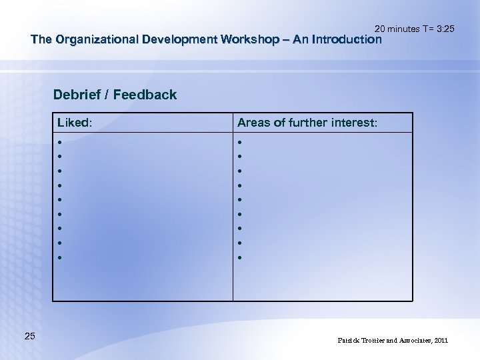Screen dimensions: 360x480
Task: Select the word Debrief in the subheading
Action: click(x=77, y=95)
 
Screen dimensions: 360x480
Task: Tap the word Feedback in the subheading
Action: click(x=145, y=95)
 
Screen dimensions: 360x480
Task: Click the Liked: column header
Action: click(x=75, y=123)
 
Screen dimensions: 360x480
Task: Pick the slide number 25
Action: click(x=30, y=336)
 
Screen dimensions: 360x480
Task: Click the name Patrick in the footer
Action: click(x=350, y=341)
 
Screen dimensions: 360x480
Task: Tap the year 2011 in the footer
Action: click(x=441, y=341)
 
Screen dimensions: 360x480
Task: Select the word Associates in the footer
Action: click(x=411, y=341)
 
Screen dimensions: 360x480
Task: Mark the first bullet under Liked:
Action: click(x=60, y=142)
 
